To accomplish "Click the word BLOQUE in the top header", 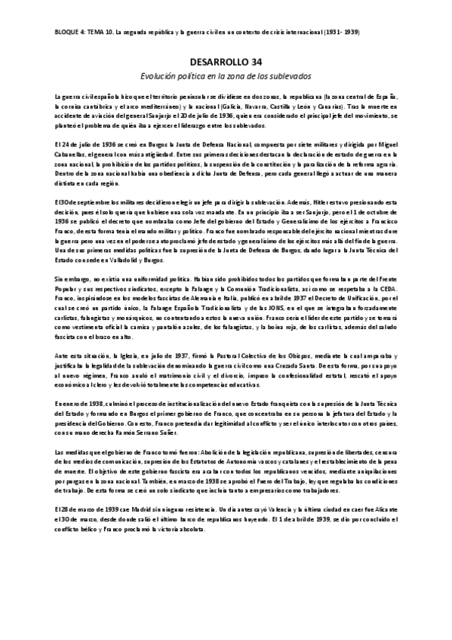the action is [x=68, y=33].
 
